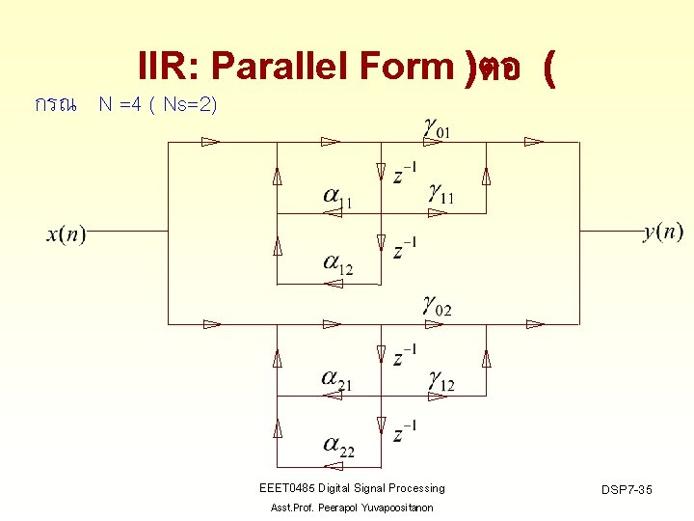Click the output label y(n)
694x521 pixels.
pyautogui.click(x=663, y=232)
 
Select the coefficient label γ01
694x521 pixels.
pyautogui.click(x=436, y=125)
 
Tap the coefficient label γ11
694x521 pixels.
pyautogui.click(x=441, y=196)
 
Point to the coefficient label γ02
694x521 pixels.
pyautogui.click(x=436, y=308)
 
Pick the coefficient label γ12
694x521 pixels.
pyautogui.click(x=441, y=382)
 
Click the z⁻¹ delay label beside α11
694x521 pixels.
pyautogui.click(x=405, y=174)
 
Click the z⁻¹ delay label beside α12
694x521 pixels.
pyautogui.click(x=405, y=249)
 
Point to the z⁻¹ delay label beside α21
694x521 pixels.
pyautogui.click(x=405, y=355)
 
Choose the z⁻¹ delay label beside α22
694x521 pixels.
pyautogui.click(x=405, y=431)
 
